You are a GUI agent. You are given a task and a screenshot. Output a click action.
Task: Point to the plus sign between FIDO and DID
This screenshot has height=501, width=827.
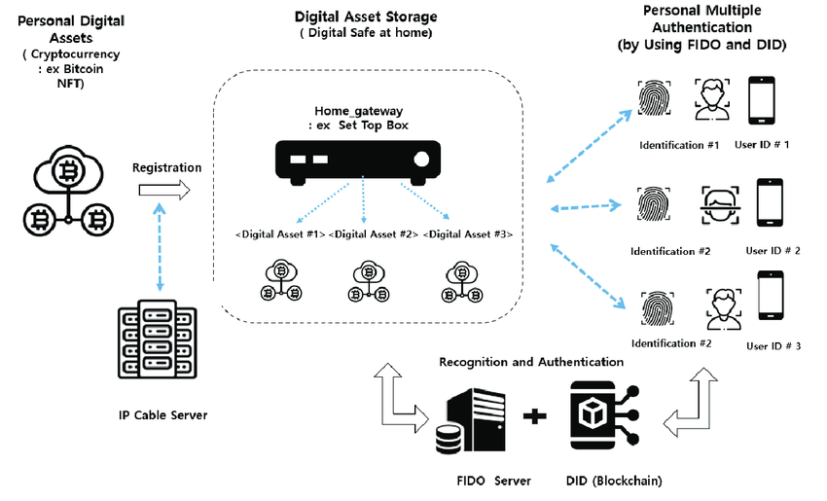(533, 418)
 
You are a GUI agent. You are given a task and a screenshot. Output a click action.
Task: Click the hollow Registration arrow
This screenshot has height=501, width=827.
(162, 194)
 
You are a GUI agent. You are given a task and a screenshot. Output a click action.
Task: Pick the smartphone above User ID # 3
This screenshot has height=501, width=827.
(771, 299)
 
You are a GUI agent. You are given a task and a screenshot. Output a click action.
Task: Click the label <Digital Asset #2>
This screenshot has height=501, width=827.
(374, 234)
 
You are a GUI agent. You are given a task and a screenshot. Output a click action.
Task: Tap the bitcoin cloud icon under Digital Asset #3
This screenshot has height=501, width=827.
(459, 281)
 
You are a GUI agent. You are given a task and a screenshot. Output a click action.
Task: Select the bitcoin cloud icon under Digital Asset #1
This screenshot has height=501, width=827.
(280, 281)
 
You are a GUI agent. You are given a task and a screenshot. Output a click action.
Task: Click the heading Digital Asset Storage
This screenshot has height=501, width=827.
(365, 18)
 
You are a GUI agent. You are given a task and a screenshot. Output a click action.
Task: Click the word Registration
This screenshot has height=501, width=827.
(167, 167)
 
